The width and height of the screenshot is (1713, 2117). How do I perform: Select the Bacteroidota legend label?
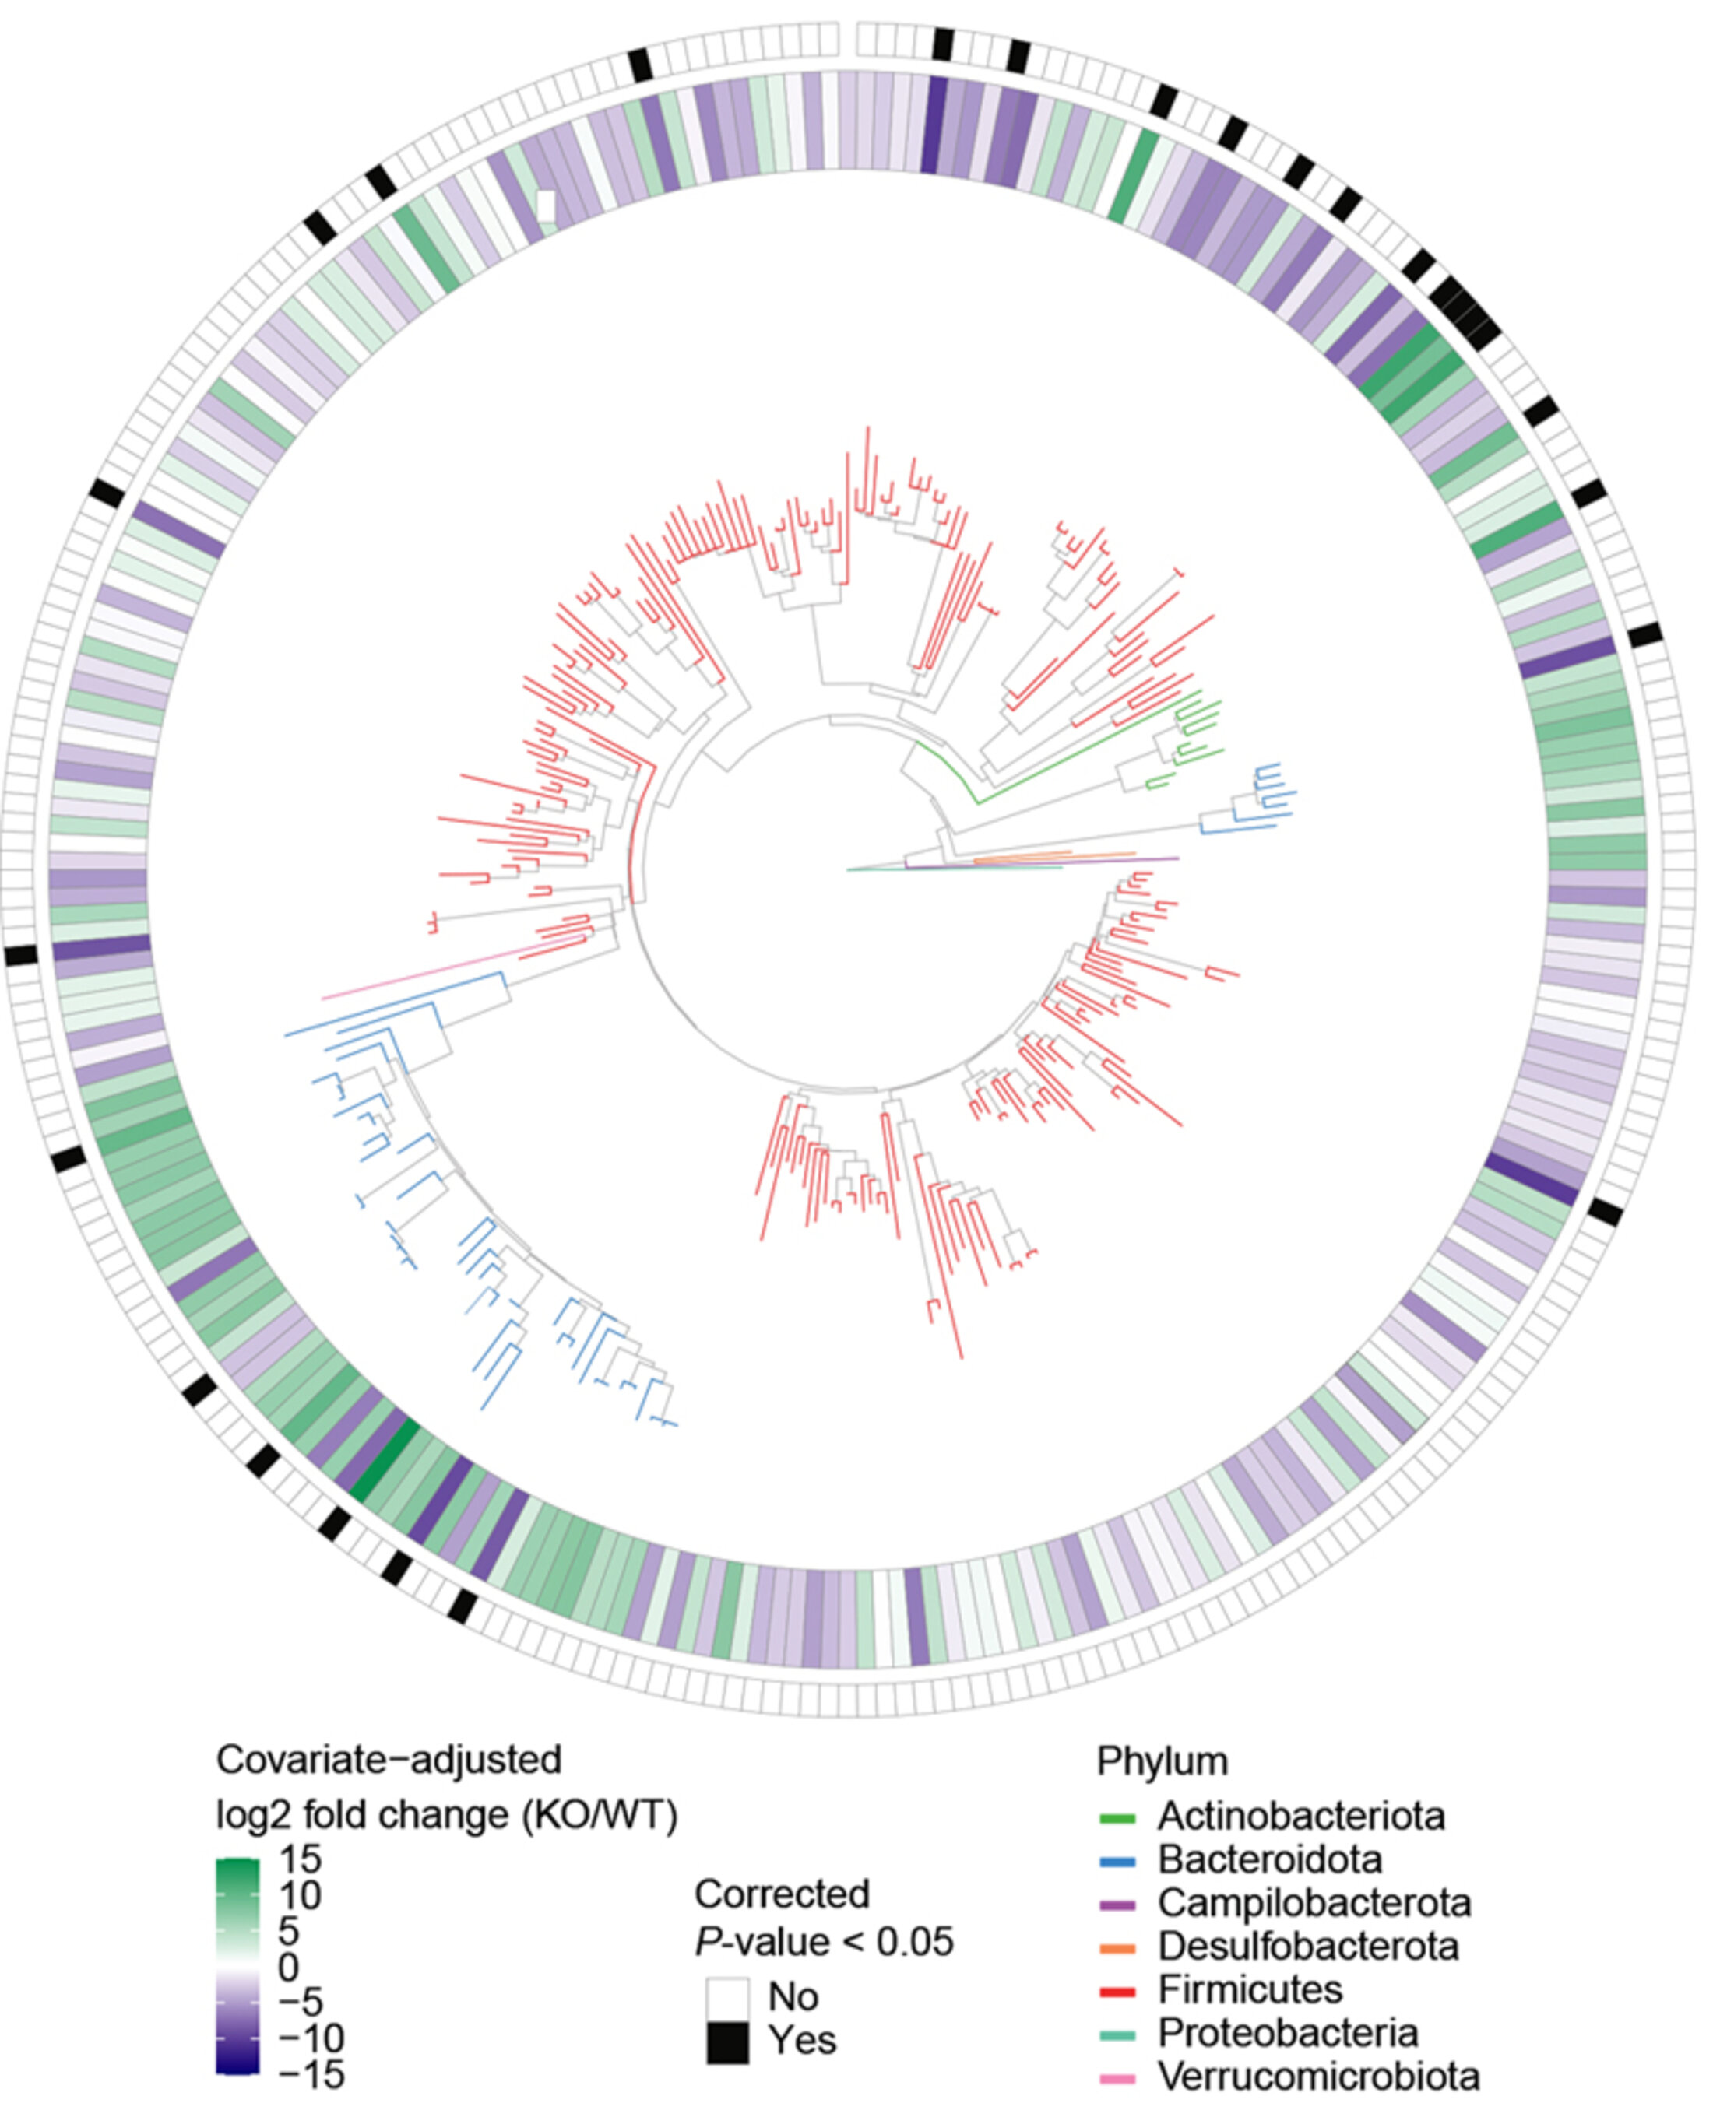1270,1859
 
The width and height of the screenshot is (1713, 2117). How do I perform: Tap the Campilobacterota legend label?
1314,1903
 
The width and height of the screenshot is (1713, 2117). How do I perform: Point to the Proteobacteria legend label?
1288,2033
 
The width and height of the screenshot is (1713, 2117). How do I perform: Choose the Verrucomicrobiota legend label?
1318,2077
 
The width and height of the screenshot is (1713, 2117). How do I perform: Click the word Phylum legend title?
1163,1761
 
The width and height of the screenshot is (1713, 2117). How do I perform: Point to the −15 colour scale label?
311,2074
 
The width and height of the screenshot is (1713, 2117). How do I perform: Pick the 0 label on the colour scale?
288,1967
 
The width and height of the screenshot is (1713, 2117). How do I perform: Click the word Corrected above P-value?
782,1894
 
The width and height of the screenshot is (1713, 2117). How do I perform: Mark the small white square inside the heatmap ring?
545,206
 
